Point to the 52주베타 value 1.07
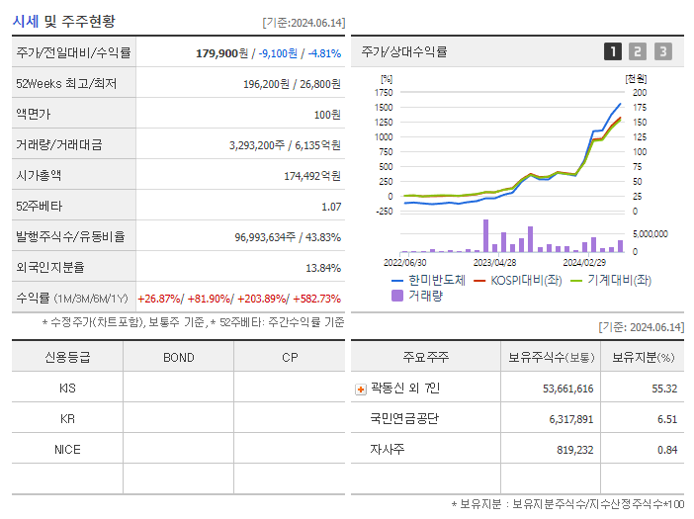(x=330, y=206)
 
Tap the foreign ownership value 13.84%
(x=322, y=267)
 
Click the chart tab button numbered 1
(x=613, y=51)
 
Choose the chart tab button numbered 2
(x=638, y=51)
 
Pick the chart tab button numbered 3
(x=662, y=51)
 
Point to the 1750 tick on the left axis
(x=384, y=92)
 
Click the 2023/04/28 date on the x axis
(x=494, y=263)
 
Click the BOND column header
(x=178, y=357)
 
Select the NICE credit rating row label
(x=67, y=449)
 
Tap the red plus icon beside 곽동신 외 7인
(x=360, y=389)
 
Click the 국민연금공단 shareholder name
(x=403, y=419)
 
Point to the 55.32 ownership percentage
(x=663, y=389)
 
